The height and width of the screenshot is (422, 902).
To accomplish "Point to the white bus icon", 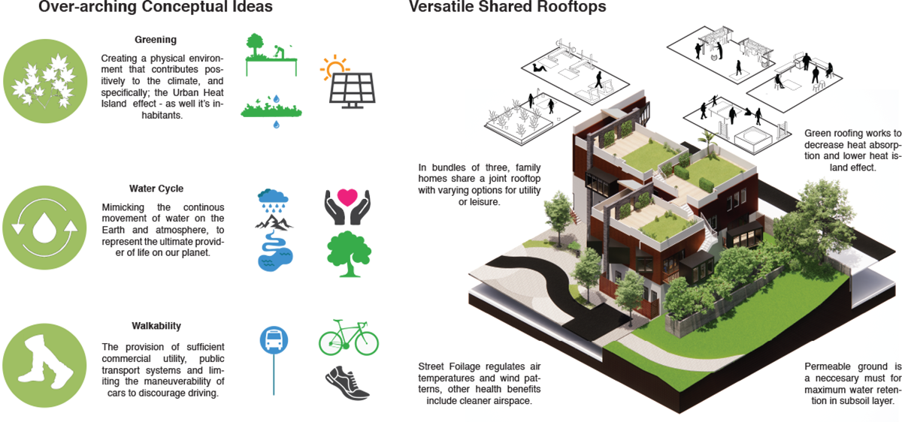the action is pyautogui.click(x=274, y=341).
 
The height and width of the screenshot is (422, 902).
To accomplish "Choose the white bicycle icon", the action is pyautogui.click(x=347, y=341).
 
